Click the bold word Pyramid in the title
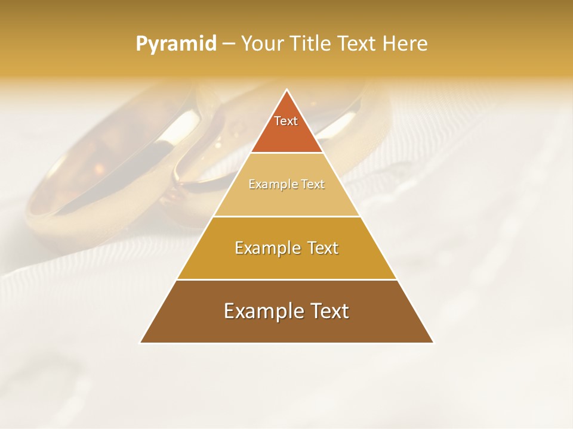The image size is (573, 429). click(x=175, y=43)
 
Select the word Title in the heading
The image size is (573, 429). click(x=311, y=43)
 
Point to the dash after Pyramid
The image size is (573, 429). click(x=229, y=44)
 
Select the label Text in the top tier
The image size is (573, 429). click(x=286, y=121)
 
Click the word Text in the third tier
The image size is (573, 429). click(x=320, y=248)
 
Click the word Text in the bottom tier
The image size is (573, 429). click(x=326, y=311)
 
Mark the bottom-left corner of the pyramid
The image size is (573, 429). click(x=141, y=342)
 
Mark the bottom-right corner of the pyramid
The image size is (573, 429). click(x=433, y=342)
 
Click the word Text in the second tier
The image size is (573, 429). click(x=313, y=184)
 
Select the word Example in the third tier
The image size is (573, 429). click(x=266, y=248)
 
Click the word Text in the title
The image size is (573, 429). click(x=357, y=43)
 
